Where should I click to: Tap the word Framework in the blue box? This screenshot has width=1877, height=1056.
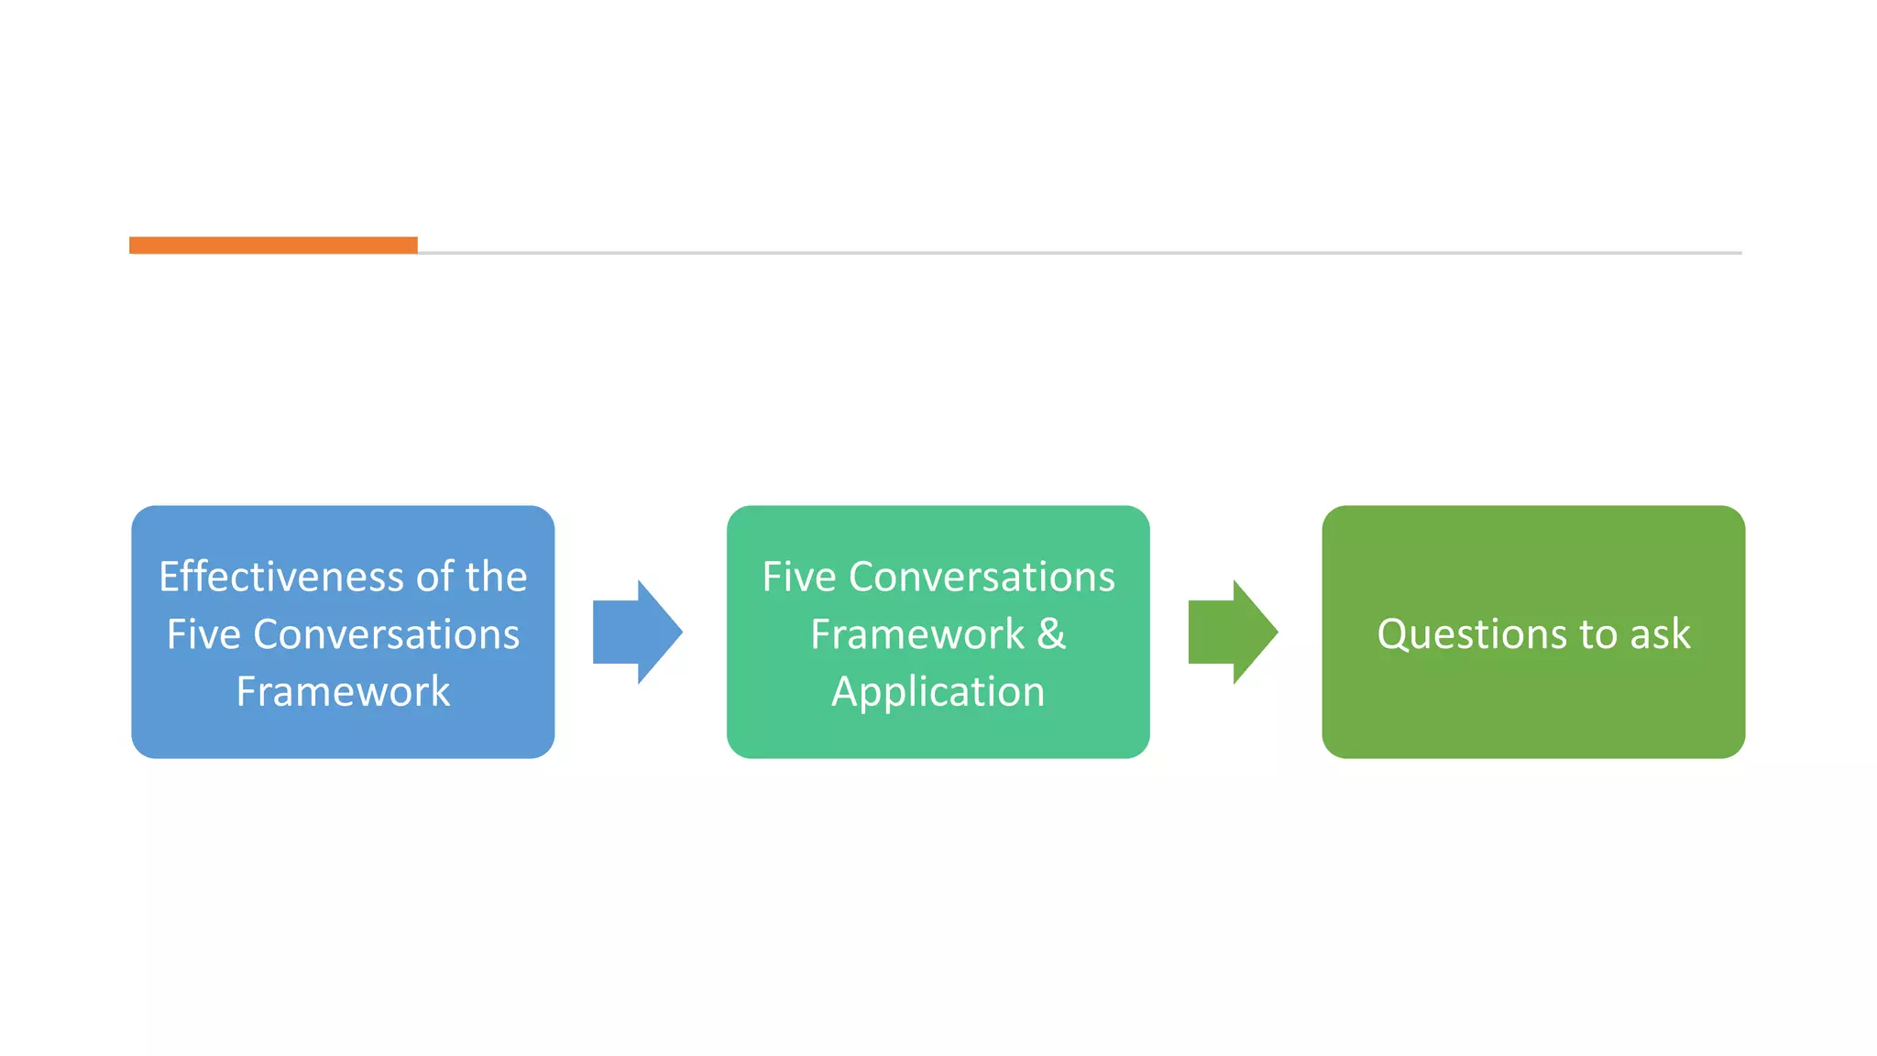click(343, 691)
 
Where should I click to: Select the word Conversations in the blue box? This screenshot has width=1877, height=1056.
click(386, 634)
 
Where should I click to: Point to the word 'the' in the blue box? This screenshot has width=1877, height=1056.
click(495, 577)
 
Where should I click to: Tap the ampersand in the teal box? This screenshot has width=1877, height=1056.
click(1052, 634)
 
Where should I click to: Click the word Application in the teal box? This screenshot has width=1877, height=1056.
click(938, 691)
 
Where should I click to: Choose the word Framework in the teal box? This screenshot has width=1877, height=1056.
click(917, 634)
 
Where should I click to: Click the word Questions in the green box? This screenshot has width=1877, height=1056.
click(1458, 634)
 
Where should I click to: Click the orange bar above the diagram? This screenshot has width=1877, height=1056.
click(273, 245)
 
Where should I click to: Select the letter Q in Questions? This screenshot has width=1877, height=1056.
click(1394, 634)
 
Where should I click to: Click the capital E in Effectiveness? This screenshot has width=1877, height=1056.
click(170, 577)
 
